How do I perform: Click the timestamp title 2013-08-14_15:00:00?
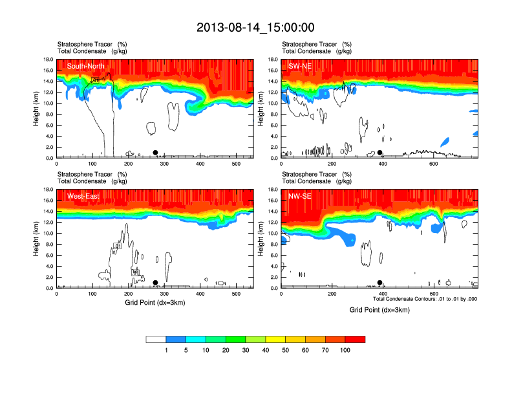pos(255,27)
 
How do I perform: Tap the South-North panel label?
pos(86,66)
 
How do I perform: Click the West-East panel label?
pos(83,196)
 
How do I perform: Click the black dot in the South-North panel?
pos(155,152)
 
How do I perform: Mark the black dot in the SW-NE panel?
pos(380,153)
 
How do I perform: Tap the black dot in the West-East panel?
pos(155,282)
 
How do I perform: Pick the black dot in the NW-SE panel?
pos(380,282)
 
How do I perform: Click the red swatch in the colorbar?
pos(355,339)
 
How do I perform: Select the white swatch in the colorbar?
pos(156,339)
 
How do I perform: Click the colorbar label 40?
pos(265,350)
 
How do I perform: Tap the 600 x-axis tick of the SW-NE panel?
pos(432,164)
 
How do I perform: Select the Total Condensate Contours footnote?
pos(425,298)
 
